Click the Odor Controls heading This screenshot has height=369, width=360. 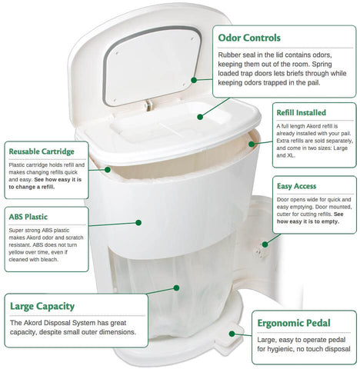tap(249, 38)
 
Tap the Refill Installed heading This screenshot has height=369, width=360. tap(301, 113)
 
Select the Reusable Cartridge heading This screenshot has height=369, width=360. tap(42, 151)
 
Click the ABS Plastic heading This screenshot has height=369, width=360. tap(28, 217)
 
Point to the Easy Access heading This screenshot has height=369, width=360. tap(296, 186)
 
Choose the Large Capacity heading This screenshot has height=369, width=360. tap(42, 306)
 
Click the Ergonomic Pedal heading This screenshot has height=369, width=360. tap(294, 323)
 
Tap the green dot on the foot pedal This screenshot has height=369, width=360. tap(232, 334)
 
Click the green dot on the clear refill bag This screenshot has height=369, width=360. tap(176, 288)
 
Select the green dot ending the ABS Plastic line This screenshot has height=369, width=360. tap(138, 223)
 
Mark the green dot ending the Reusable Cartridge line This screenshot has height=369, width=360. tap(108, 170)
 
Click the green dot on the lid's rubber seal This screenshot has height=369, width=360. tap(194, 80)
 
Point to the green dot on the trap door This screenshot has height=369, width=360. tap(200, 117)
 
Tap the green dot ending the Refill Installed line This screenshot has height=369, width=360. tap(252, 145)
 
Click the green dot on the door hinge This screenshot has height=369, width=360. tap(265, 244)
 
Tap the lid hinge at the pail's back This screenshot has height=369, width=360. tap(148, 105)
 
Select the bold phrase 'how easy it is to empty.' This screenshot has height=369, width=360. tap(308, 221)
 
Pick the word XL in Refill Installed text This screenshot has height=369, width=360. tap(291, 155)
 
